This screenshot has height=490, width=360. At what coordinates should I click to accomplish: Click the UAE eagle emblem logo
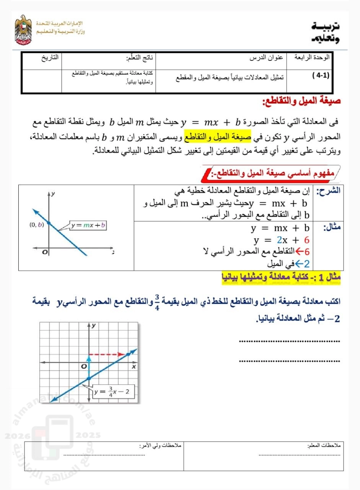click(24, 30)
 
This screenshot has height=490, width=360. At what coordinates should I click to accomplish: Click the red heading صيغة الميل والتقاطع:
click(301, 101)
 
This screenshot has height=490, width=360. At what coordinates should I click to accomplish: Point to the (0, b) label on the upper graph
click(37, 225)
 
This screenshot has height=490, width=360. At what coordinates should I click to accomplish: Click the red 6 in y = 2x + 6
click(306, 240)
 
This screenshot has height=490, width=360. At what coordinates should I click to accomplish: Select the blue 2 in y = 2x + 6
click(279, 240)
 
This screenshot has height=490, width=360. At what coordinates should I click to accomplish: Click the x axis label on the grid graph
click(134, 367)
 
